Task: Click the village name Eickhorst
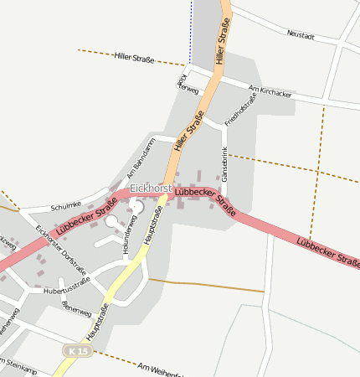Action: pyautogui.click(x=151, y=189)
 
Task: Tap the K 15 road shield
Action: pyautogui.click(x=78, y=351)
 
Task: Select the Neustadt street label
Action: pyautogui.click(x=301, y=36)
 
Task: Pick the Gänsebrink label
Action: pyautogui.click(x=224, y=164)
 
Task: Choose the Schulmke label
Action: pyautogui.click(x=65, y=206)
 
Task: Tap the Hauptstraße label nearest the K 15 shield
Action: pyautogui.click(x=97, y=322)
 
